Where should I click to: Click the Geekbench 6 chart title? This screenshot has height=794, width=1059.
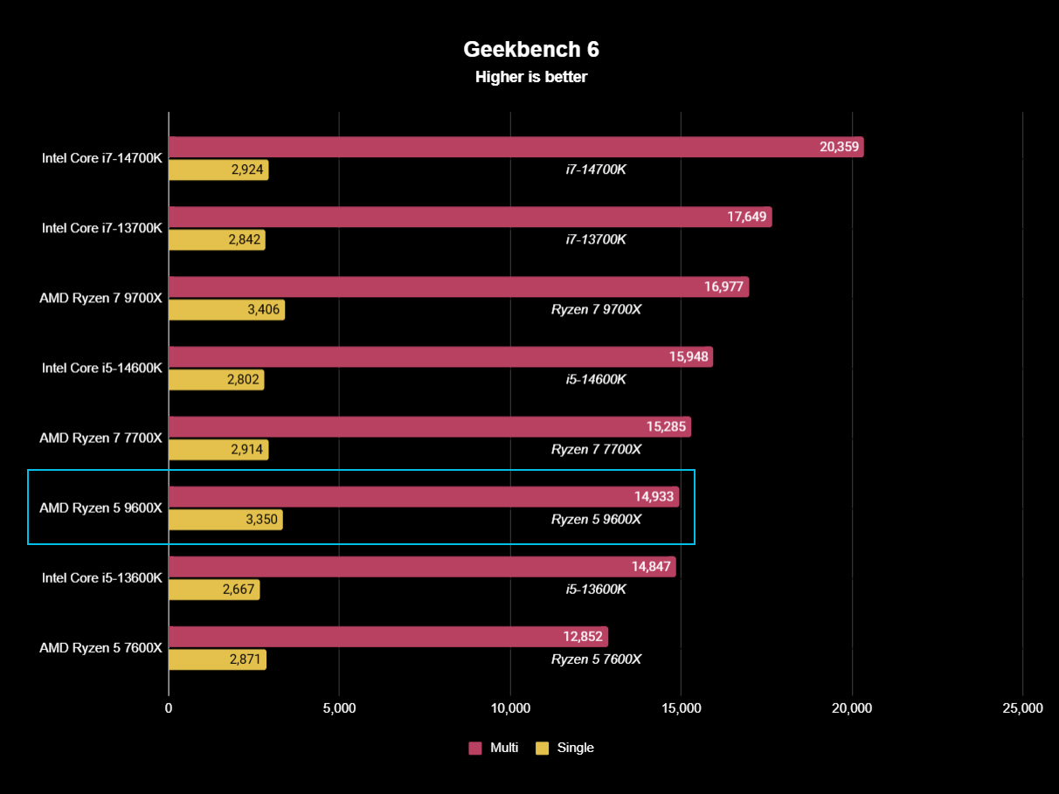(530, 48)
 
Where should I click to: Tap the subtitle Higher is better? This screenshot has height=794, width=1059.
(530, 77)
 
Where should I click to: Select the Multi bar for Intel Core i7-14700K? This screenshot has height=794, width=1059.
(516, 147)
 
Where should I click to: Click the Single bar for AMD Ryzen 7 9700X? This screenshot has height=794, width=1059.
(226, 310)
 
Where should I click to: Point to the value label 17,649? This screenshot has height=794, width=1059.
(747, 217)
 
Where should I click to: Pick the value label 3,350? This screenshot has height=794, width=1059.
(260, 521)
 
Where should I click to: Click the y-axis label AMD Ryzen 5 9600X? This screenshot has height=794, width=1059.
(100, 507)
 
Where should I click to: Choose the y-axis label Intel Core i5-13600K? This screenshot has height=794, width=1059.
(102, 577)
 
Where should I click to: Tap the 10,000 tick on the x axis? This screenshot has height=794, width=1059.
(510, 708)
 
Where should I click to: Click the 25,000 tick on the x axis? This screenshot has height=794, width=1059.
(1022, 708)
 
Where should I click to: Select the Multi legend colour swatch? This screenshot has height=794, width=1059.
(475, 748)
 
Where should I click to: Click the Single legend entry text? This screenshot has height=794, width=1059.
(575, 748)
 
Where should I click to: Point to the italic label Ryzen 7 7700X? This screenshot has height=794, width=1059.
(596, 449)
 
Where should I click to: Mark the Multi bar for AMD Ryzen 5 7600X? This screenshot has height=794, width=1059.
(388, 637)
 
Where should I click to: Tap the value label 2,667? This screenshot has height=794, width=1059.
(238, 590)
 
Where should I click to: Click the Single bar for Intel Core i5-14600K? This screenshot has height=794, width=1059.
(216, 380)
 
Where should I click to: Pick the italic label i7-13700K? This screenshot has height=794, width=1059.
(596, 239)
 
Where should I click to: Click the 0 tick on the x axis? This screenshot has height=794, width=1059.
(169, 708)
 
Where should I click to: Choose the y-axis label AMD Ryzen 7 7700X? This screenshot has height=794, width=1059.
(100, 438)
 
